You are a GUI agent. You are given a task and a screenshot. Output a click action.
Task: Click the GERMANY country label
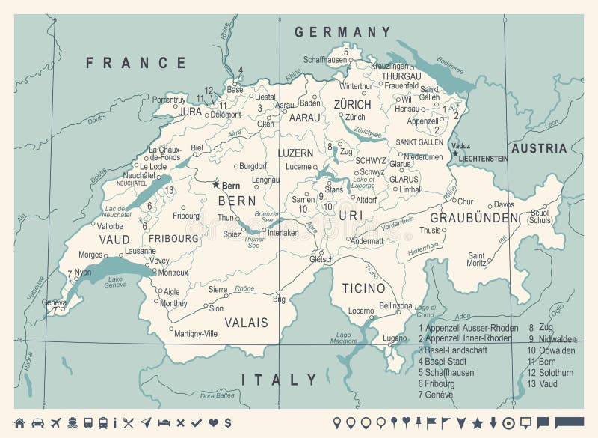tap(342, 32)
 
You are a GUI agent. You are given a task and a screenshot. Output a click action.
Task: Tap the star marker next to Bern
tap(216, 184)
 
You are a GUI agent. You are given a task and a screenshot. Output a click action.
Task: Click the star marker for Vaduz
tap(454, 153)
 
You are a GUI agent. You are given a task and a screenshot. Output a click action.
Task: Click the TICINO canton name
tap(363, 288)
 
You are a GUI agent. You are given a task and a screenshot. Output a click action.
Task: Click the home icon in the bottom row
tap(19, 423)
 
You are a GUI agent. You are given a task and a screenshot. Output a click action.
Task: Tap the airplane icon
tap(55, 423)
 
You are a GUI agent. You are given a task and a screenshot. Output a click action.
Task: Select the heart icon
tap(213, 423)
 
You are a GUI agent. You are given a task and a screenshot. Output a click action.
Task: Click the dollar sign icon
tap(227, 423)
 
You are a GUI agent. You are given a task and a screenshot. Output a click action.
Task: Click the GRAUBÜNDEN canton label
tap(484, 218)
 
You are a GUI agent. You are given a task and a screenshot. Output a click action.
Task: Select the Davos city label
tap(504, 204)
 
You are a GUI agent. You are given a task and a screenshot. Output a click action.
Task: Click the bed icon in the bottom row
tap(164, 423)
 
